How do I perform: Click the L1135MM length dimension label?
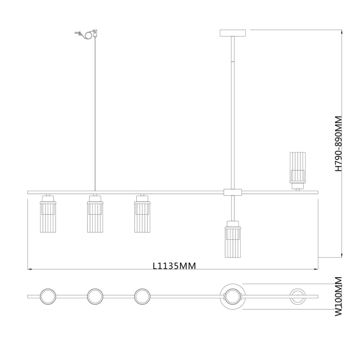(x=175, y=265)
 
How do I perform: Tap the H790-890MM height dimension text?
(x=338, y=144)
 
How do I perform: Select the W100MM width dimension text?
(x=338, y=297)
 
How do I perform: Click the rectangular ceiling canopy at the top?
(x=233, y=33)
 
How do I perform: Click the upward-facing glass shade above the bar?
(x=297, y=171)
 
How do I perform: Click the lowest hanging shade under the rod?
(x=233, y=239)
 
